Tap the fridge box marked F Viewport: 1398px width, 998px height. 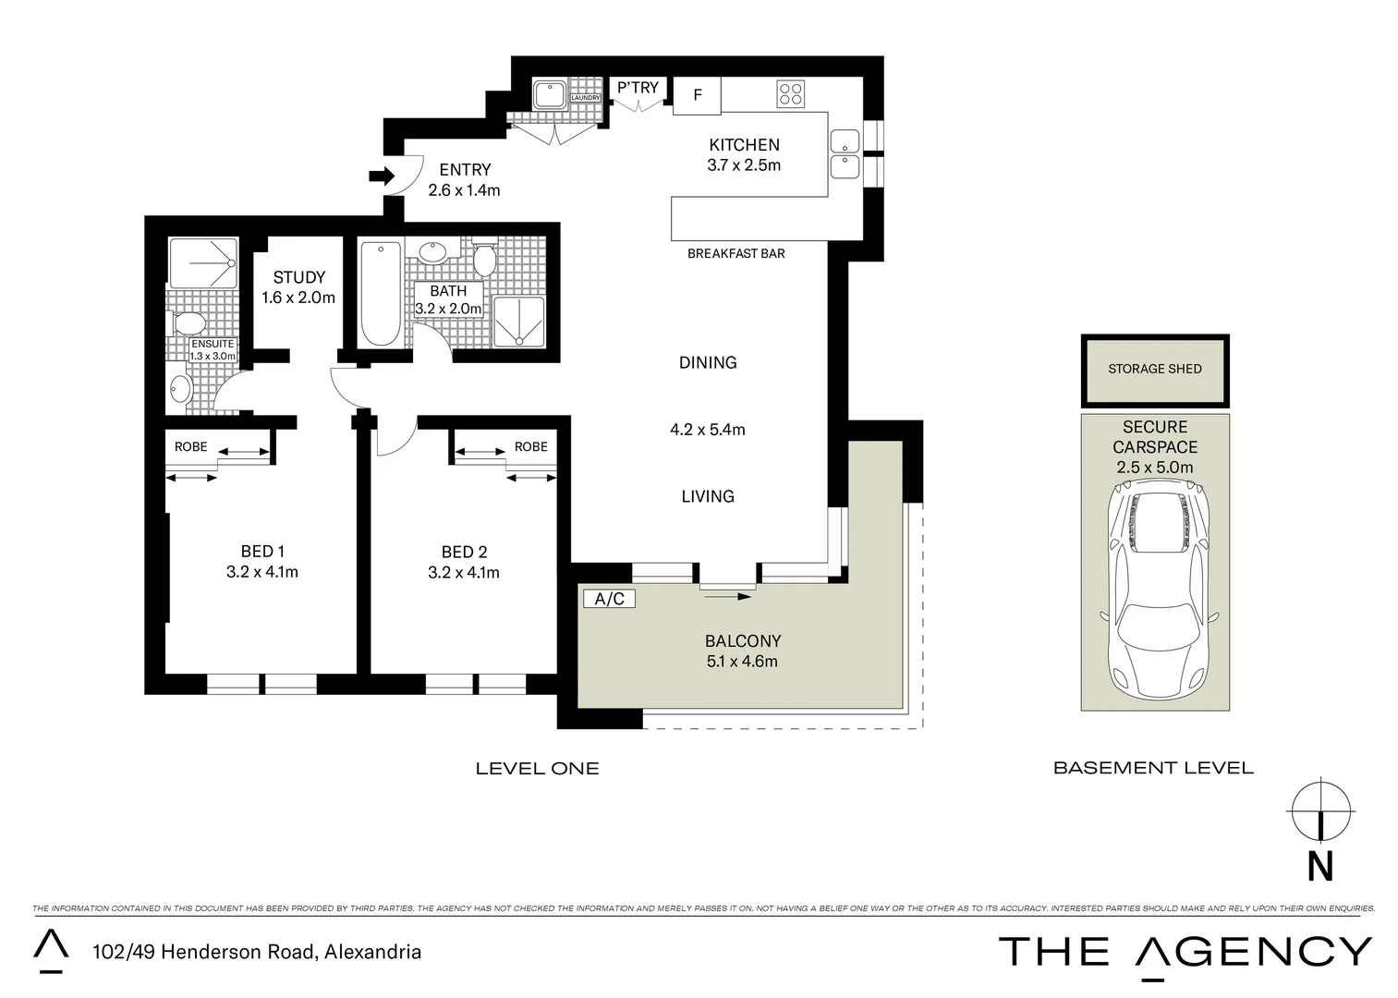point(697,95)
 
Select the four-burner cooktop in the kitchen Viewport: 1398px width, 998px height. point(791,93)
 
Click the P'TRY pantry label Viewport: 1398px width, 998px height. point(638,88)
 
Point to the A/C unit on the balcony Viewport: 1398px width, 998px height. point(610,599)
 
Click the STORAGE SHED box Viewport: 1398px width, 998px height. point(1155,370)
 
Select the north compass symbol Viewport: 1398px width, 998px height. point(1321,810)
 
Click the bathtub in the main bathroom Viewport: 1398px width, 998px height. point(380,293)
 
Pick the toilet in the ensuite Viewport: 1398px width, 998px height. point(188,323)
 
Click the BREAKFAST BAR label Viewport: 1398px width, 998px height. point(735,253)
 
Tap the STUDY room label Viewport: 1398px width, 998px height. point(298,277)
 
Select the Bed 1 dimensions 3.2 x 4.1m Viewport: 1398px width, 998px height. point(261,572)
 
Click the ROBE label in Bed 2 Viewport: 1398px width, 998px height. point(530,446)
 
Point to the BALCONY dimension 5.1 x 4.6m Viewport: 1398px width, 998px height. point(742,662)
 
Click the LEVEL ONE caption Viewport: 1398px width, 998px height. point(537,769)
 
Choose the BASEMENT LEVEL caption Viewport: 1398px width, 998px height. point(1153,768)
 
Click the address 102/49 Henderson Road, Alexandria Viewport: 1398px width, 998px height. point(257,952)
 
